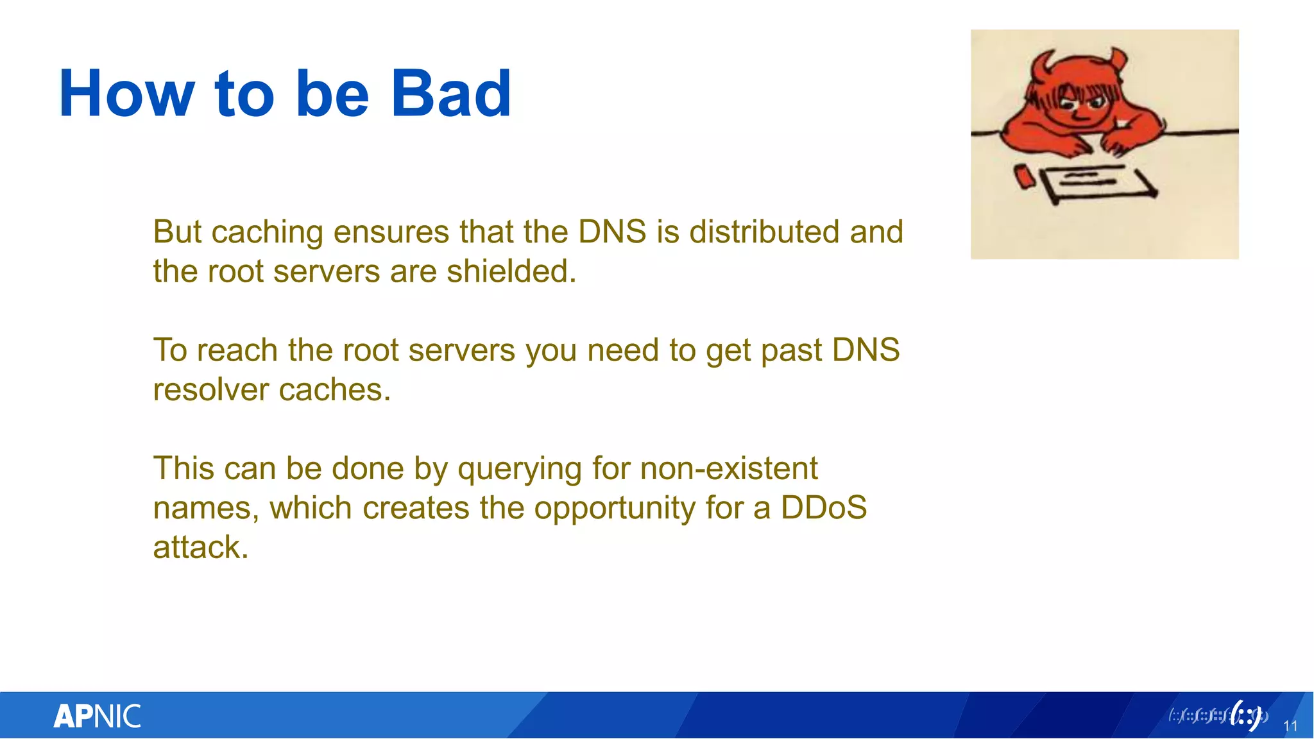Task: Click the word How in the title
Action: (126, 94)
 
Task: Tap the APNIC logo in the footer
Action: (97, 716)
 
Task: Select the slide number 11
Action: (1290, 726)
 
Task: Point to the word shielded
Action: (511, 271)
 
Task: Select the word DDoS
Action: (823, 508)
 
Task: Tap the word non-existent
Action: (729, 468)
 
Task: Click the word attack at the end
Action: (200, 548)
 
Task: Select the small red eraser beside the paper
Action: (1025, 176)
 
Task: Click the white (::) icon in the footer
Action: (1247, 716)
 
